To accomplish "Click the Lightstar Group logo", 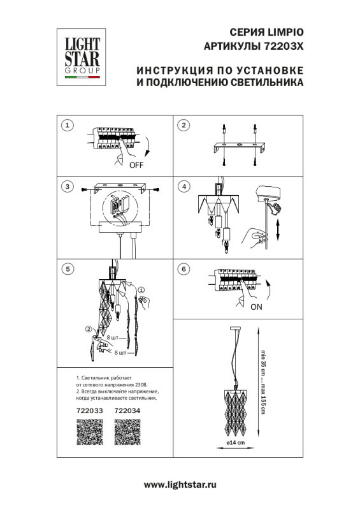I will click(80, 55).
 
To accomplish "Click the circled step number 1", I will click(68, 125).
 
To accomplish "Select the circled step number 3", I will click(68, 187).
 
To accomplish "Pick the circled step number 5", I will click(68, 269).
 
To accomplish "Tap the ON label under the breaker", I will click(255, 306).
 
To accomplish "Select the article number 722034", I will click(126, 412).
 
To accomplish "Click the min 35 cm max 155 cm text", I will click(263, 380).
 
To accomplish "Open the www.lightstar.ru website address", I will click(180, 485).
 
